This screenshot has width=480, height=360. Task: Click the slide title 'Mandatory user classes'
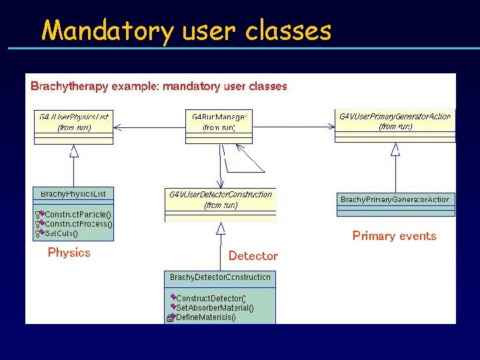[186, 31]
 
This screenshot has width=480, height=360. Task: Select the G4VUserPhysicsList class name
[74, 117]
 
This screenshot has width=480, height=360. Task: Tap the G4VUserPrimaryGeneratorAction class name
[395, 116]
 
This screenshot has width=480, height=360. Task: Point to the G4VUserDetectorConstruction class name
[221, 195]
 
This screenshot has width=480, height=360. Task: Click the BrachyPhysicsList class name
[73, 194]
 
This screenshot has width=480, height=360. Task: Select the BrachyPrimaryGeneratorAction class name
[395, 199]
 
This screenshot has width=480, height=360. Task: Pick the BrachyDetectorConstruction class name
[220, 277]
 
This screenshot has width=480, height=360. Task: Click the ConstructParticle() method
[78, 215]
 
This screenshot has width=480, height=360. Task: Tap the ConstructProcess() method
[79, 224]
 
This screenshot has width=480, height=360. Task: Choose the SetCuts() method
[61, 233]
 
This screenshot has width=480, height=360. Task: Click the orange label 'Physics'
[69, 253]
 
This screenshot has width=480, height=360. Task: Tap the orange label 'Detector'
[253, 256]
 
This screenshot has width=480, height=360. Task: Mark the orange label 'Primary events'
[394, 236]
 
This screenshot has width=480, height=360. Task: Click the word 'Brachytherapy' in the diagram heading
[63, 86]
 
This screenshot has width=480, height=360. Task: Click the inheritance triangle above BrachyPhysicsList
[74, 151]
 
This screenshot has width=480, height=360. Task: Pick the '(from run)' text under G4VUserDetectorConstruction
[221, 205]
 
